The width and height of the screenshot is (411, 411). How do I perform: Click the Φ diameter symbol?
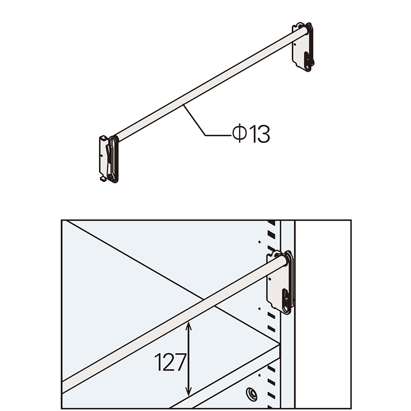coord(239,134)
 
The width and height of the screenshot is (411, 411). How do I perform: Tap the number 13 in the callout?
coord(259,134)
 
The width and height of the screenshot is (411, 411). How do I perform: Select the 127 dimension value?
coord(170,363)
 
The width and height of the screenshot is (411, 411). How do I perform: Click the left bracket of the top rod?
coord(109,159)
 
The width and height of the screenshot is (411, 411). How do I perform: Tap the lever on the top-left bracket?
coord(109,162)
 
